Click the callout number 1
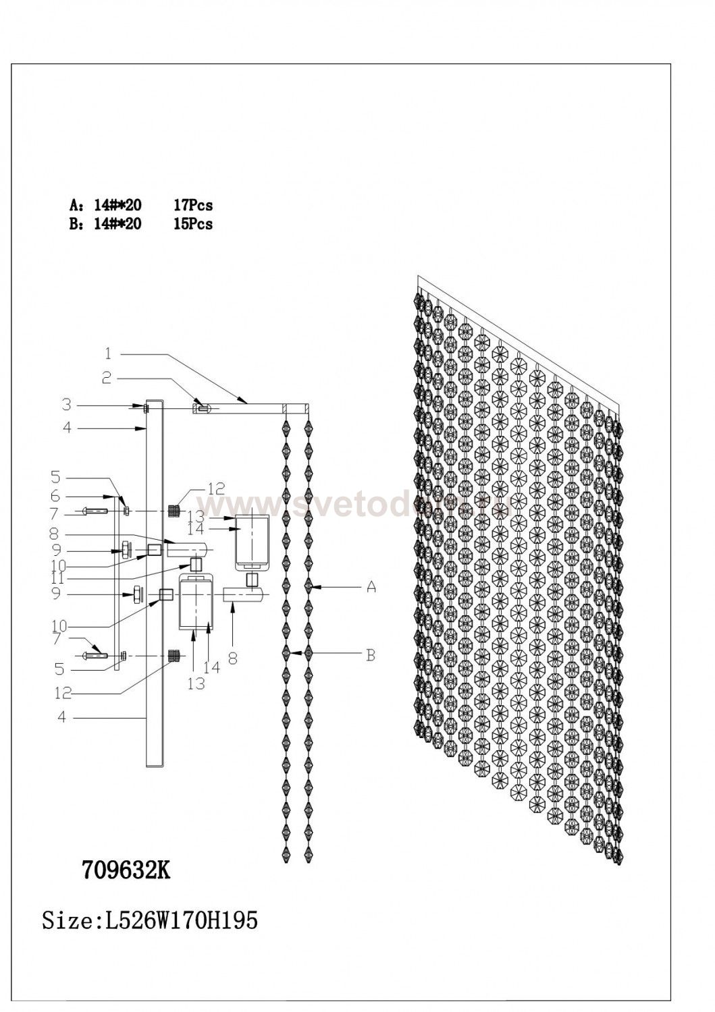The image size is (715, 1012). coord(108,353)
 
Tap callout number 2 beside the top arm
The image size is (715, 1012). coord(107,378)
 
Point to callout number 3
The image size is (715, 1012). coord(66,405)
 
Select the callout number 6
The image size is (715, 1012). coord(55,496)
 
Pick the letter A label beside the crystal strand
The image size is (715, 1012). coord(371,588)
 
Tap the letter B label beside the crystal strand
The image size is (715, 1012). coord(370,654)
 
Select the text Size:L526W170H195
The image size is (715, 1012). coord(150,920)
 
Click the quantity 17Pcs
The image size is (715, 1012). coord(192,205)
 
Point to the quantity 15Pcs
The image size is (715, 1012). coord(192,224)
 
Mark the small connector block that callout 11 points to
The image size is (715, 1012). coord(196,563)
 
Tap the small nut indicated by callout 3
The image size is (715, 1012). coord(146,407)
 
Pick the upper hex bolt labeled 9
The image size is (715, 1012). coord(126,549)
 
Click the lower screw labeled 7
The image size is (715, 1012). coord(95,655)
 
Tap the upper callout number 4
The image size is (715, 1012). coord(66,428)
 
